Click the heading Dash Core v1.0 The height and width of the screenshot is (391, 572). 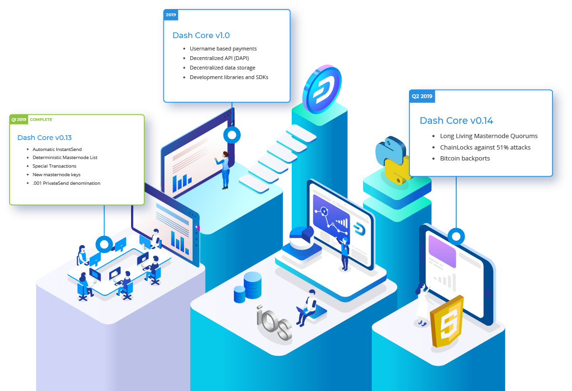tap(201, 35)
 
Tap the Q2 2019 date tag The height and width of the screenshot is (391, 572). tap(422, 96)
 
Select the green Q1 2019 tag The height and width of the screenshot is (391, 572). tap(19, 120)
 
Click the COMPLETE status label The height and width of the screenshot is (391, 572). tap(41, 120)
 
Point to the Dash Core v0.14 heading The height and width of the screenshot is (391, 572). tap(456, 120)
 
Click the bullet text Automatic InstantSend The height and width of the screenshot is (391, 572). tap(57, 149)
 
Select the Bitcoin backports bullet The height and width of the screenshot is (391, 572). tap(465, 158)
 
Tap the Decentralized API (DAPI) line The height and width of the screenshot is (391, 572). tap(219, 58)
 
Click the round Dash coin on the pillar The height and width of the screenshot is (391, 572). tap(322, 89)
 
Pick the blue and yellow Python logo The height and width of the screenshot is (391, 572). tap(392, 160)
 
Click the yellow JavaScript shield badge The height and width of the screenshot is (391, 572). tap(447, 321)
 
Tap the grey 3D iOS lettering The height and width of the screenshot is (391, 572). tap(274, 322)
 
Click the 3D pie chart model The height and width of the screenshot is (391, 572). tap(302, 238)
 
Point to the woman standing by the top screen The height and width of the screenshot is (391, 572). tap(224, 170)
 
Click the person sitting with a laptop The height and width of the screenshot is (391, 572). tap(308, 307)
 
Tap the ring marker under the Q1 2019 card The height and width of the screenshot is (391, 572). tap(104, 244)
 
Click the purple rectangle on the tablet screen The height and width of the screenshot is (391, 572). tap(442, 251)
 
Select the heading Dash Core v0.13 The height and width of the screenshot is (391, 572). tap(44, 138)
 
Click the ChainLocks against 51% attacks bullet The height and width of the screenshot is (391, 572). tap(485, 147)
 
